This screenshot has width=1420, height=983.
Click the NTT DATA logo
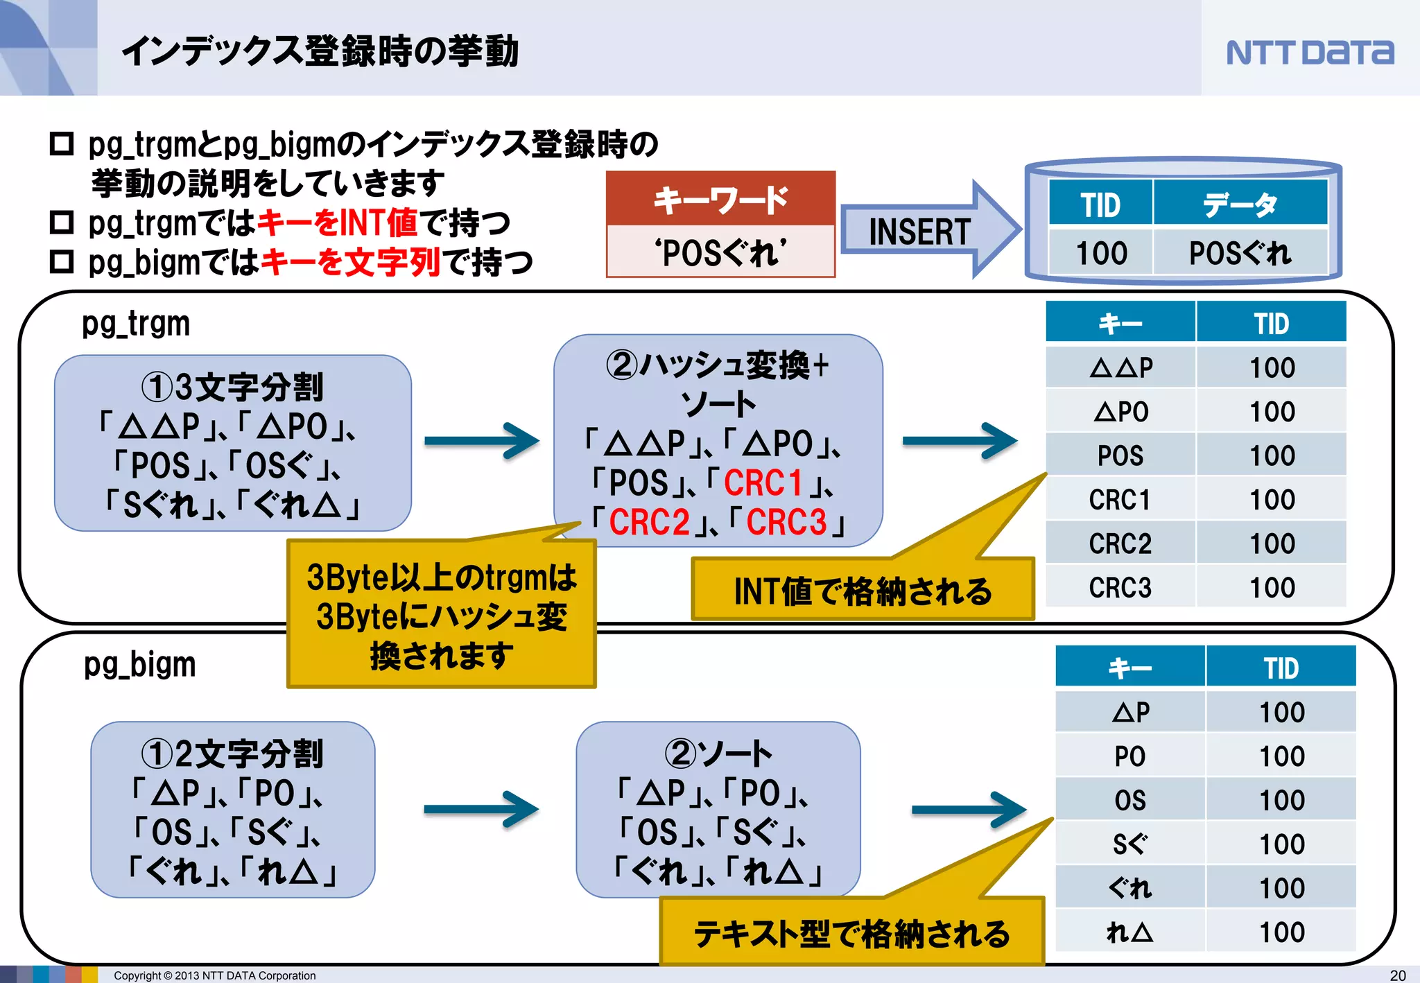tap(1309, 52)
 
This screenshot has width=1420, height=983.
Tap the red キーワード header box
tap(720, 200)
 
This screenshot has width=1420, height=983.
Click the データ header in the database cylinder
tap(1240, 205)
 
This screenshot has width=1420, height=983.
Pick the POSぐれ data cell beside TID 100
tap(1240, 253)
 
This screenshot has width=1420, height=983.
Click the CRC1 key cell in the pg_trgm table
tap(1120, 500)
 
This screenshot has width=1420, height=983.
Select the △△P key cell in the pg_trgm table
tap(1120, 367)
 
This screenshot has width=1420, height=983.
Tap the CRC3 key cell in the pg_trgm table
tap(1120, 588)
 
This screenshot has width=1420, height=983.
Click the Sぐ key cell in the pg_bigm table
tap(1129, 844)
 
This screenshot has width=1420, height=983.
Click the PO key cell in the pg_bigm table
tap(1129, 756)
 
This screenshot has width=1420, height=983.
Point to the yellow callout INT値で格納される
tap(863, 591)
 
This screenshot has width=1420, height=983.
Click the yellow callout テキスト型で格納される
tap(851, 933)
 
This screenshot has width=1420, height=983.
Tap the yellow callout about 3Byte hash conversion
tap(441, 616)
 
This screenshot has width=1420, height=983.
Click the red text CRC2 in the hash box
tap(649, 522)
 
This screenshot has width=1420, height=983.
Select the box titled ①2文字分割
tap(232, 810)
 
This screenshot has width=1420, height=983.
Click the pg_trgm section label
tap(136, 324)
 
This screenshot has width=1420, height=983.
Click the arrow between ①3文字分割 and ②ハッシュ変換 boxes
tap(482, 441)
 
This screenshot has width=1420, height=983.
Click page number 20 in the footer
tap(1398, 975)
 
